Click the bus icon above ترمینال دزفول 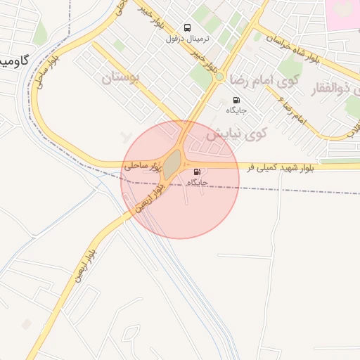point(187,27)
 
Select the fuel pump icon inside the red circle point(195,172)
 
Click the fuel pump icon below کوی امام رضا point(236,100)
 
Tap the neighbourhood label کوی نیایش point(239,132)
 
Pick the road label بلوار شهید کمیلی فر point(287,167)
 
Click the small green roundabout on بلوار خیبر point(219,76)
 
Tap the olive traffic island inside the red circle point(172,163)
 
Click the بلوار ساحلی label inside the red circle point(139,167)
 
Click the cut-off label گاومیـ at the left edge point(14,60)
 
